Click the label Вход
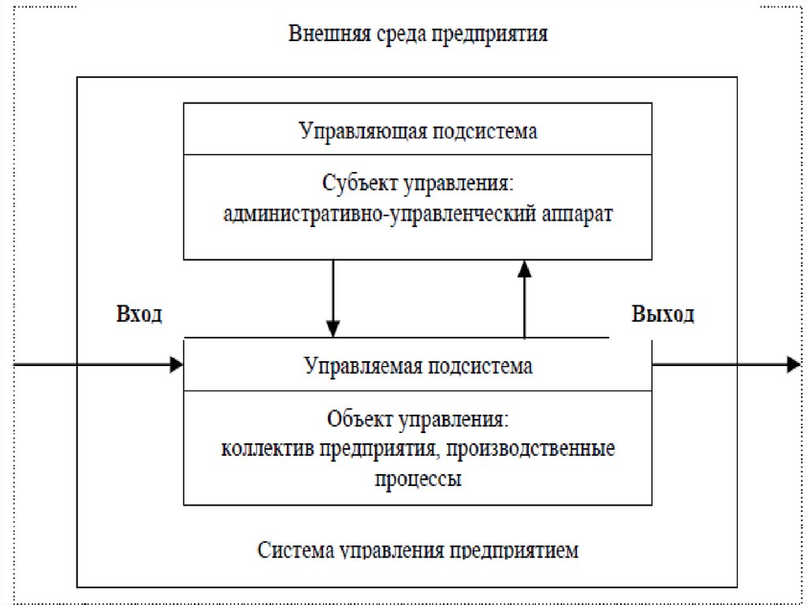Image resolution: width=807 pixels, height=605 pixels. pos(140,315)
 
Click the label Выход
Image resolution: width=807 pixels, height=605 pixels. pos(663,315)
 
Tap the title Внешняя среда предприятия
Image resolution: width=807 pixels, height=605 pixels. pos(418,35)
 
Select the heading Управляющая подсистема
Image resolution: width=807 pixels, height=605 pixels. pos(418,131)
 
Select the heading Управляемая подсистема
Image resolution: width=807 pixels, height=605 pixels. pos(418,366)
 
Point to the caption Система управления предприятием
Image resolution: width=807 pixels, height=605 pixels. pos(418,549)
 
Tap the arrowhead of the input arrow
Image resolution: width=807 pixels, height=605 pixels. pos(177,364)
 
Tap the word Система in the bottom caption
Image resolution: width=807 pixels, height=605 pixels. pos(295,549)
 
